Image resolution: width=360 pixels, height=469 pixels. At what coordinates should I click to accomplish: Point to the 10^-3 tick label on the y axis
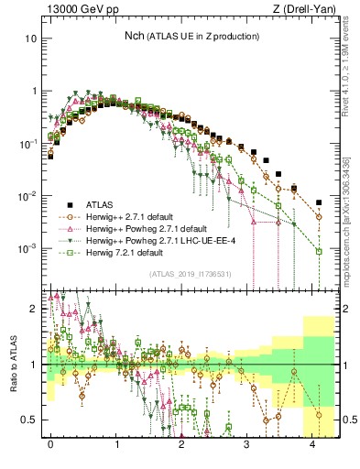28,249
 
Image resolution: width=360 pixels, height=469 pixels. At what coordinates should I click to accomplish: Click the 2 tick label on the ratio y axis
34,309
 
